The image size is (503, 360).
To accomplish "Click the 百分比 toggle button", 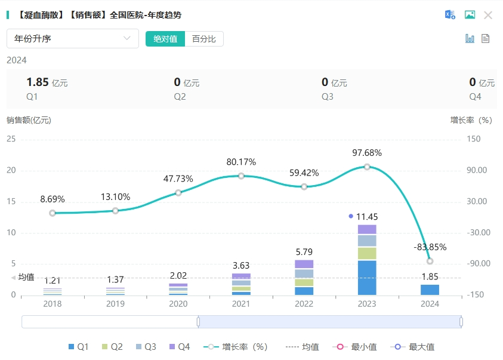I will click(x=204, y=39).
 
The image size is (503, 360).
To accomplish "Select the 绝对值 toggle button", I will click(x=165, y=39).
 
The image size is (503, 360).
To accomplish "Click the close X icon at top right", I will click(x=488, y=15).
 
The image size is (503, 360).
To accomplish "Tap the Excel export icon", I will click(x=450, y=15).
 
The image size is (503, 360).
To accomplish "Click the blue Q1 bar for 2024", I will click(x=430, y=290).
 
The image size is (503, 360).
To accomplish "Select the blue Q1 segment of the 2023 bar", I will click(x=367, y=278).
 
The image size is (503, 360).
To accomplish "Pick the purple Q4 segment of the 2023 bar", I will click(x=367, y=229).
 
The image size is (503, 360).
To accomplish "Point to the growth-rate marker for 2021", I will click(x=241, y=176).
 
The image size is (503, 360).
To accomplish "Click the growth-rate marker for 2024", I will click(x=430, y=261).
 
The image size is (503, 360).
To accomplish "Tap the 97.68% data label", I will click(x=367, y=153).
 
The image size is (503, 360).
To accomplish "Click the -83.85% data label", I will click(x=430, y=247).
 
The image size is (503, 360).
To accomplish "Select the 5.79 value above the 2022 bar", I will click(x=304, y=252).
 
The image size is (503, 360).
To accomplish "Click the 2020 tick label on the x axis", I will click(x=178, y=304).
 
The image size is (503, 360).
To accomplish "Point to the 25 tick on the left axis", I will click(x=11, y=139).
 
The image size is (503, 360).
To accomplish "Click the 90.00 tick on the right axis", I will click(x=477, y=170).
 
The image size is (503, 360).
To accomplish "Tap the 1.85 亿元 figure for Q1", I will click(x=47, y=83).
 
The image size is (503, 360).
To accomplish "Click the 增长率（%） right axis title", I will click(x=471, y=120).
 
